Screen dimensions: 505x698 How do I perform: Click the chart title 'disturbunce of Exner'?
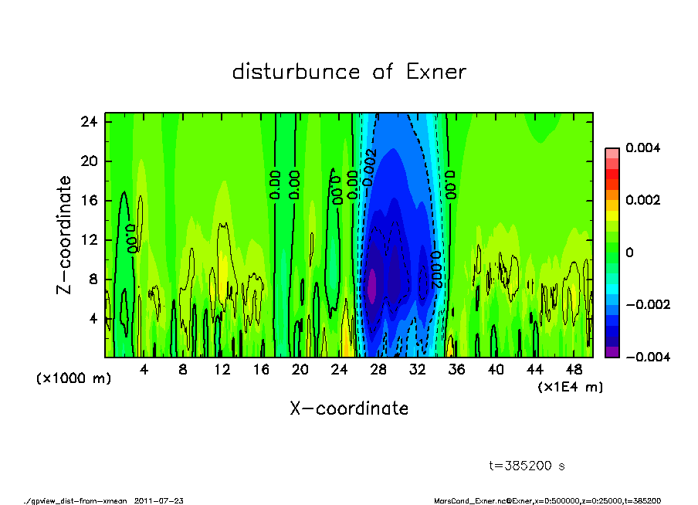(x=349, y=73)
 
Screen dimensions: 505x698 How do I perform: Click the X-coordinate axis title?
(x=349, y=408)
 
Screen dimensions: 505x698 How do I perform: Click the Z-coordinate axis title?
(x=64, y=235)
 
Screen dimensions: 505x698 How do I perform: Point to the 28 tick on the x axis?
(x=378, y=369)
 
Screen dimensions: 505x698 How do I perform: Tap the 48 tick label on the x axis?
(x=574, y=369)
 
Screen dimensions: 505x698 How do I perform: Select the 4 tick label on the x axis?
(x=144, y=369)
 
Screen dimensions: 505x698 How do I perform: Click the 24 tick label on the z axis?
(x=89, y=122)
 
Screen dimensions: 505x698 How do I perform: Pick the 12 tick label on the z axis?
(x=89, y=240)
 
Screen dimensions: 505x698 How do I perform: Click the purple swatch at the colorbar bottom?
(x=612, y=351)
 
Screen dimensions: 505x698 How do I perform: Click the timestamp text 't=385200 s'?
(x=528, y=466)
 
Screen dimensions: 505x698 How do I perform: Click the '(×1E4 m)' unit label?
(x=571, y=386)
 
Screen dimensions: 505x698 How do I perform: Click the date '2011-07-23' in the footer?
(x=159, y=500)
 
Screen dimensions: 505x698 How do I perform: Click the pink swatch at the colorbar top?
(x=612, y=152)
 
